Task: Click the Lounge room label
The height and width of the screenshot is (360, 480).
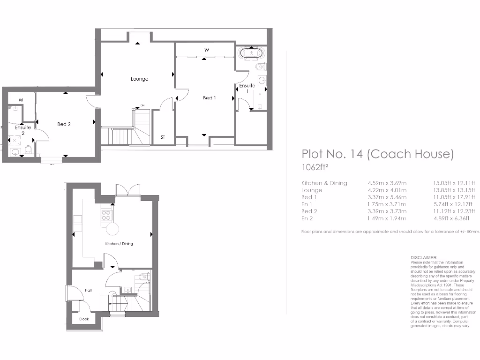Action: (139, 79)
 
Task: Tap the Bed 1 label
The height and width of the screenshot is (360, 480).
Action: (209, 98)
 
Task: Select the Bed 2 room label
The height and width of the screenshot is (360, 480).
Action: (64, 124)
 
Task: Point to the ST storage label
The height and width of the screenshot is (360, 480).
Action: (163, 137)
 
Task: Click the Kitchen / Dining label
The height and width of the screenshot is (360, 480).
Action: (119, 244)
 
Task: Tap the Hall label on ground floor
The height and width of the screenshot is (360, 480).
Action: (88, 291)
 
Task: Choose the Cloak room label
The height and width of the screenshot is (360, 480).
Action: (83, 319)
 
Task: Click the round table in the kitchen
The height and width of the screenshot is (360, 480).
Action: (112, 229)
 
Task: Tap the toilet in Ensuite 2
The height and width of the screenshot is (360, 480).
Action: (28, 150)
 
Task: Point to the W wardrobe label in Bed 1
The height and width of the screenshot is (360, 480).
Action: (206, 50)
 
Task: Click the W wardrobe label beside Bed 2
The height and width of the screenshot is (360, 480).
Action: (21, 100)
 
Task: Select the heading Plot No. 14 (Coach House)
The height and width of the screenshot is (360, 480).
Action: (377, 154)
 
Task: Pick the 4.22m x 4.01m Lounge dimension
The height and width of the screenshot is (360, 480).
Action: (387, 190)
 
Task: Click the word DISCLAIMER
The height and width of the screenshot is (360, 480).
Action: (423, 258)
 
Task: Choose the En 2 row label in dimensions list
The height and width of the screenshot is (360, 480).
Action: (308, 218)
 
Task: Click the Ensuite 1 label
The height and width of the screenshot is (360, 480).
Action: (247, 88)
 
